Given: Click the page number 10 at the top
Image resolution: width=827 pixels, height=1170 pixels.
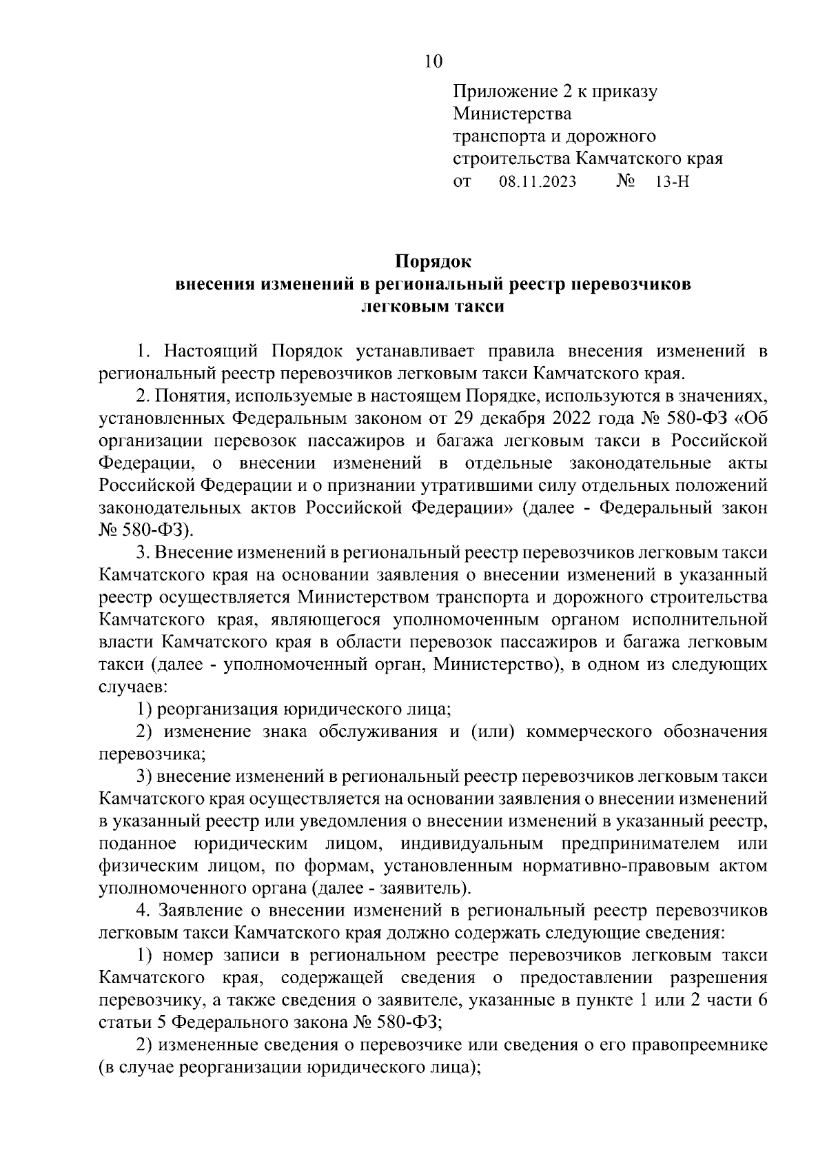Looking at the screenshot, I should [433, 61].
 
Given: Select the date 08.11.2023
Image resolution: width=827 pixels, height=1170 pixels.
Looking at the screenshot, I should [536, 182].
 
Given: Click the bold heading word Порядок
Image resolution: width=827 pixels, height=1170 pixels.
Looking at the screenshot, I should [433, 262].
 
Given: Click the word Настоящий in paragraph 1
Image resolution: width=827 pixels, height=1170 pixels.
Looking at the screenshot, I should [210, 351].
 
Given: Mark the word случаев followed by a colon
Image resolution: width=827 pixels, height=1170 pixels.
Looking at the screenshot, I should [129, 687].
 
